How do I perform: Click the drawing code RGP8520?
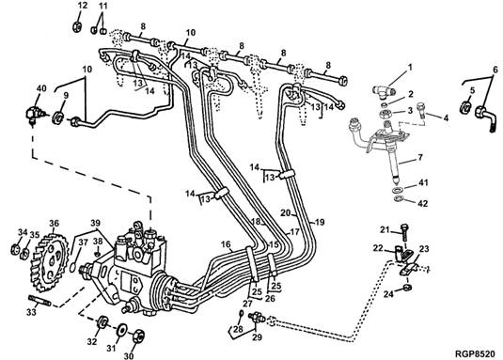pyautogui.click(x=475, y=353)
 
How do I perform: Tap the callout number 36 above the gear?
pyautogui.click(x=55, y=223)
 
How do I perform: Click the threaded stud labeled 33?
pyautogui.click(x=39, y=301)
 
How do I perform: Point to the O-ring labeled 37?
pyautogui.click(x=73, y=267)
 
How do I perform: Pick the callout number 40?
pyautogui.click(x=41, y=88)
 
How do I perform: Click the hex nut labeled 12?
pyautogui.click(x=77, y=26)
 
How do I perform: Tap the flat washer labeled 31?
pyautogui.click(x=121, y=330)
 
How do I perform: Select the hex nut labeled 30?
pyautogui.click(x=137, y=336)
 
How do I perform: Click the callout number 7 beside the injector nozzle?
pyautogui.click(x=420, y=157)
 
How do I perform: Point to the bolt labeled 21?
pyautogui.click(x=404, y=233)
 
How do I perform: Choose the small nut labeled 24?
pyautogui.click(x=407, y=287)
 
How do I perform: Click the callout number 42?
pyautogui.click(x=423, y=203)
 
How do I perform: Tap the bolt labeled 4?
pyautogui.click(x=421, y=110)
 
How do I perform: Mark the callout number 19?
pyautogui.click(x=320, y=222)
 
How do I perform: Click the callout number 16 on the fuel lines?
pyautogui.click(x=226, y=244)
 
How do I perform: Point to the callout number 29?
pyautogui.click(x=258, y=337)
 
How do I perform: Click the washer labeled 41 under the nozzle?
pyautogui.click(x=397, y=190)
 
